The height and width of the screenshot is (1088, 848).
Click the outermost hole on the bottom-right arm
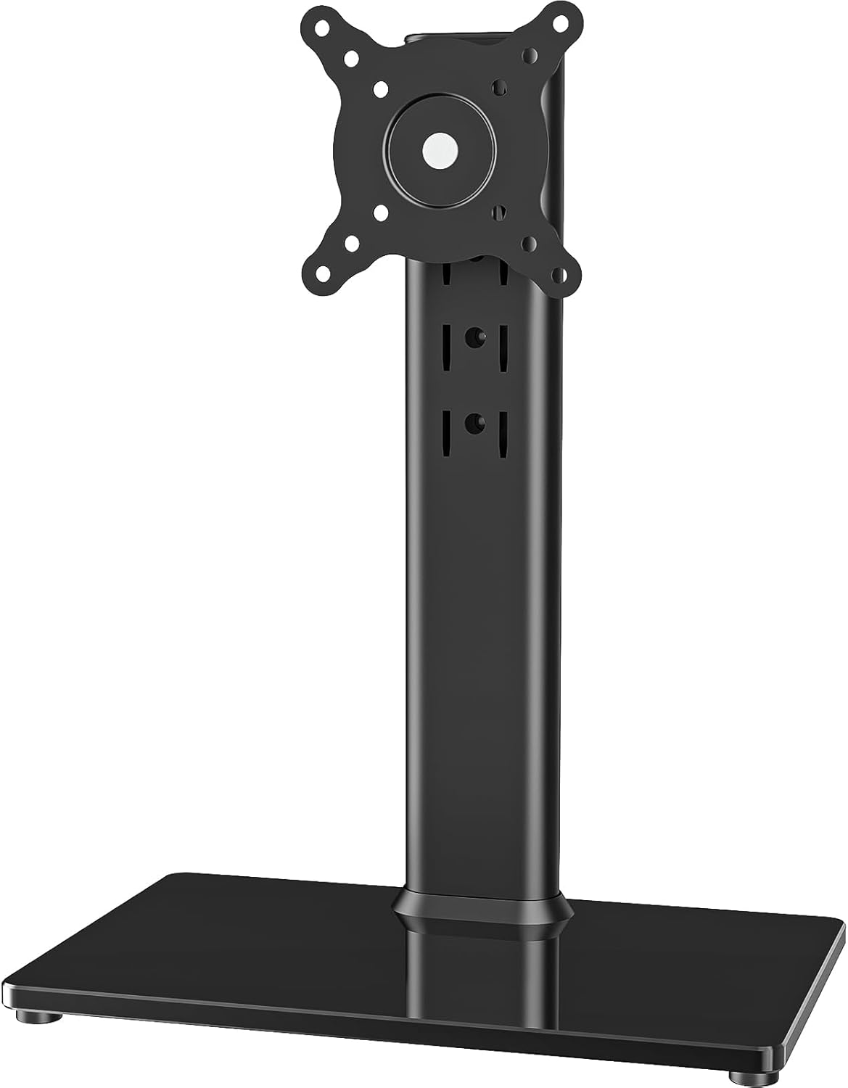556,275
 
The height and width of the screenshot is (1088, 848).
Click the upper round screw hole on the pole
475,337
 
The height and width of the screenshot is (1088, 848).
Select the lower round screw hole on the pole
475,421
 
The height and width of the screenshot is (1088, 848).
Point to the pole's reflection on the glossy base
479,972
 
